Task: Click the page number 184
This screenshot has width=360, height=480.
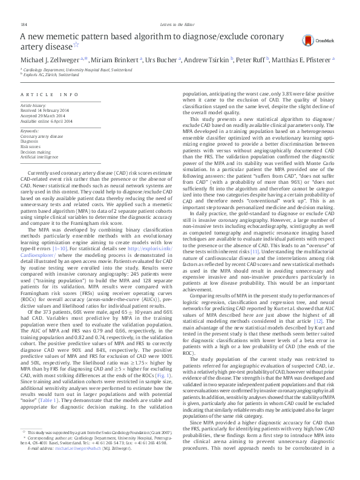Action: click(25, 24)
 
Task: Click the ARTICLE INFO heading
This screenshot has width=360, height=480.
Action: click(50, 96)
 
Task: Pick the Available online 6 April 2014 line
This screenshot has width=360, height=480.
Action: click(48, 121)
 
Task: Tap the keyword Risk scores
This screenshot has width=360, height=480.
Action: click(31, 146)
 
